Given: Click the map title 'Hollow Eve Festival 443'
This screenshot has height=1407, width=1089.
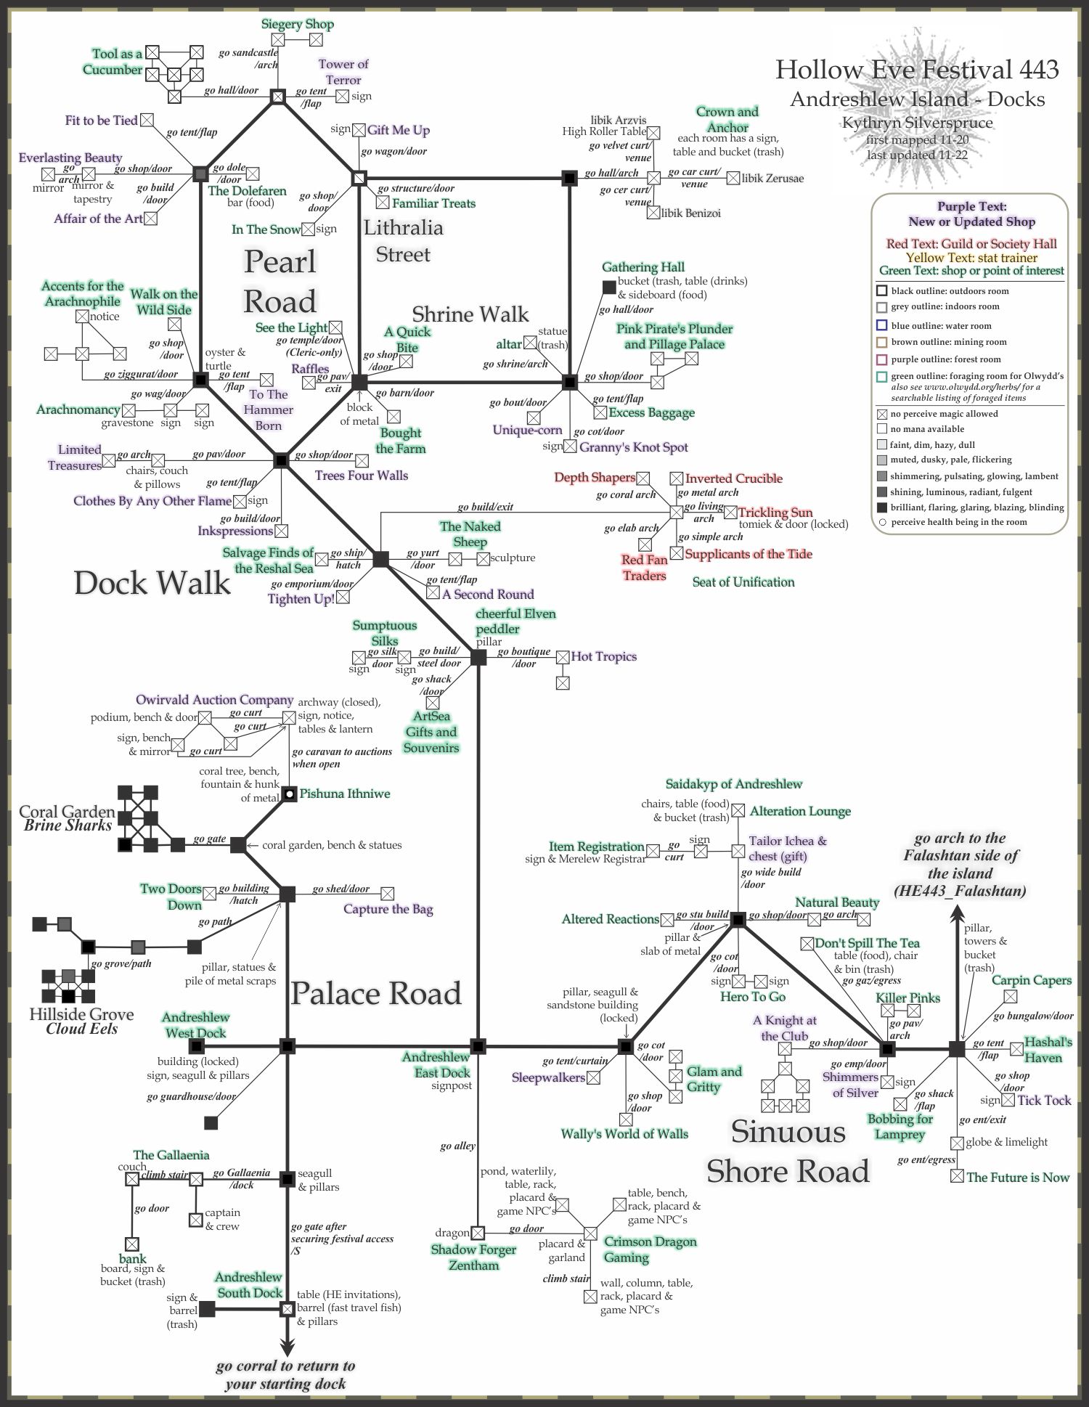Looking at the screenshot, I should [917, 70].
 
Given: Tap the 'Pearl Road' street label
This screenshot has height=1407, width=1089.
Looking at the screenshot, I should [280, 281].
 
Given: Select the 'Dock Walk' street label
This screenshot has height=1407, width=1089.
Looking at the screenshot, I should [152, 583].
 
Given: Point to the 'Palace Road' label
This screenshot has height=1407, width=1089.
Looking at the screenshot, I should [376, 993].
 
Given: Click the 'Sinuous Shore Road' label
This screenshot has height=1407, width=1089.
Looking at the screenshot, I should [788, 1151].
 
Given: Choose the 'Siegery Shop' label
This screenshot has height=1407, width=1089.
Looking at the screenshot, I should [298, 24].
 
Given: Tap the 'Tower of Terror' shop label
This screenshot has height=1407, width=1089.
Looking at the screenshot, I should [343, 72].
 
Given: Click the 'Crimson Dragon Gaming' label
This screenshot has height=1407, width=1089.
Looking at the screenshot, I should [650, 1249].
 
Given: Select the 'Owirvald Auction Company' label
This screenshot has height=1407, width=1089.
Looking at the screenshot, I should [214, 700].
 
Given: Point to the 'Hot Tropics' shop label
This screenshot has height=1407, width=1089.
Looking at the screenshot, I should [603, 656].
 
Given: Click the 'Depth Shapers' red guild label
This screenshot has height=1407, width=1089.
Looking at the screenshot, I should [595, 477].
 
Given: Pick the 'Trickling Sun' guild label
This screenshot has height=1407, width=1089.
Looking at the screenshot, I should [775, 512].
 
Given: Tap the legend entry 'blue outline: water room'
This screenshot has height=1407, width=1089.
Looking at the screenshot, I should [941, 326].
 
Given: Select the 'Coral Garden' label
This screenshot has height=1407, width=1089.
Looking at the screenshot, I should [67, 812].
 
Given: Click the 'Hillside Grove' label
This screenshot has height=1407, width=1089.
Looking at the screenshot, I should [81, 1014].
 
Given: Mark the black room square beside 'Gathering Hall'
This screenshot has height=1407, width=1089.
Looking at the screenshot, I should [609, 287].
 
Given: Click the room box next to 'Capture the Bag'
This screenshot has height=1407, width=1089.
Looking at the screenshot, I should [388, 894].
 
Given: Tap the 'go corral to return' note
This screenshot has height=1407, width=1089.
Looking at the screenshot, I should [285, 1374].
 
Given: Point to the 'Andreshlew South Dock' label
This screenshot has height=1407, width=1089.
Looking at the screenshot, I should [249, 1285].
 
